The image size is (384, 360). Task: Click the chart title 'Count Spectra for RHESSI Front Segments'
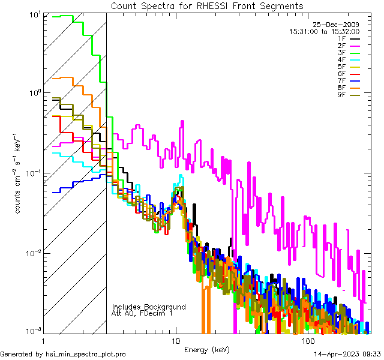207,5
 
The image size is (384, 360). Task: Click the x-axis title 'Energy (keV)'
207,349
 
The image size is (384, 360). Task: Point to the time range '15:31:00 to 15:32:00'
324,31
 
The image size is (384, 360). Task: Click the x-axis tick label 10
176,340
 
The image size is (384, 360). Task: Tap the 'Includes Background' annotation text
149,307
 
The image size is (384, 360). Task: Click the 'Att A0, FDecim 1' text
142,313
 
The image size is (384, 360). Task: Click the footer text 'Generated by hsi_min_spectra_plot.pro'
63,354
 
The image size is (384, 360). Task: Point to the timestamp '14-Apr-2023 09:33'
347,354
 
